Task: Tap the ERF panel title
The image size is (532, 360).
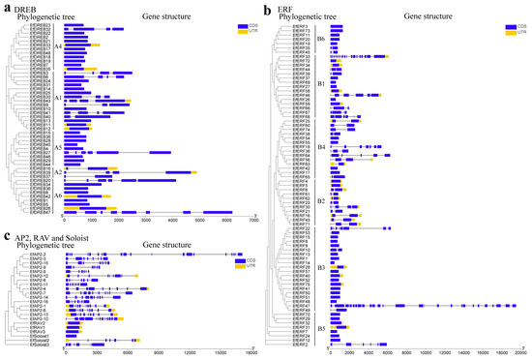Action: coord(292,8)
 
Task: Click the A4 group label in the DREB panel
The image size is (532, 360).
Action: coord(58,46)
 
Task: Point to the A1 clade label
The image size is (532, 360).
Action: coord(58,98)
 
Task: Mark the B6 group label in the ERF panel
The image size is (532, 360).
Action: coord(320,39)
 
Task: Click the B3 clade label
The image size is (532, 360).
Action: coord(320,267)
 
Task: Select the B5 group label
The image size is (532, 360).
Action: coord(320,329)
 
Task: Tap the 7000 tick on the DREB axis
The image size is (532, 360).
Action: coord(252,222)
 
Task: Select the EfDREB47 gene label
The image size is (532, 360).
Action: coord(40,211)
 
